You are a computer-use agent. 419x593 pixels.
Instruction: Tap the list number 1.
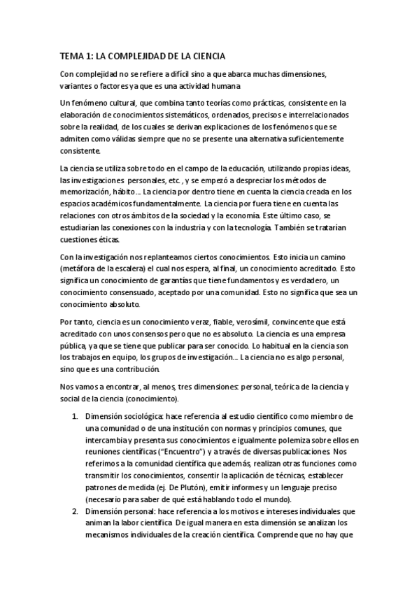pos(76,416)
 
